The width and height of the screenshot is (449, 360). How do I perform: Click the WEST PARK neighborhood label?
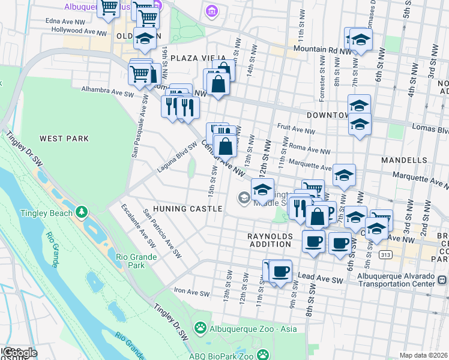64,139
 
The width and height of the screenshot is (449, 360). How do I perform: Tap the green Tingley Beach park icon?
81,212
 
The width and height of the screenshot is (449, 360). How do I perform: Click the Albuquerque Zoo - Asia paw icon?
200,328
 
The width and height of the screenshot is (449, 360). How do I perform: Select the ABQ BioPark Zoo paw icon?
263,355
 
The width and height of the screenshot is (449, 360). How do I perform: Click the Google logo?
19,353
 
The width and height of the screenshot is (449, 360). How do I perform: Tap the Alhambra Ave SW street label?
107,91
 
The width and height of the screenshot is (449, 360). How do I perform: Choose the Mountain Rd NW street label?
321,49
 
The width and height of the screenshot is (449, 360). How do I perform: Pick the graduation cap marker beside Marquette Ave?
344,175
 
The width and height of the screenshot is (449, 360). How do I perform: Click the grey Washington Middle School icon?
244,197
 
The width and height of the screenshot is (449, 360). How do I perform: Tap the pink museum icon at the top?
211,11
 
